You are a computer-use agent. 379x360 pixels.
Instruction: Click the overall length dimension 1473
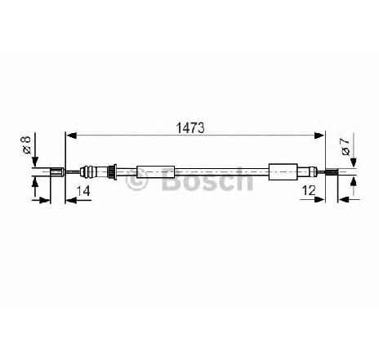point(190,128)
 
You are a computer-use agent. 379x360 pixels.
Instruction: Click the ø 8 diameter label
point(26,144)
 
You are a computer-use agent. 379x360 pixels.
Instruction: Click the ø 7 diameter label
point(346,147)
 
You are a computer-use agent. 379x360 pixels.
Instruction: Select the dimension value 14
point(83,191)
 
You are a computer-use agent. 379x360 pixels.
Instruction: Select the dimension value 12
point(309,190)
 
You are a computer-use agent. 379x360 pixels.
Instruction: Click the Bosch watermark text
point(207,178)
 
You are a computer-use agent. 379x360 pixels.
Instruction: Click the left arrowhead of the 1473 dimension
point(71,136)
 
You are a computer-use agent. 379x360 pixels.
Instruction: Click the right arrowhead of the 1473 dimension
point(319,136)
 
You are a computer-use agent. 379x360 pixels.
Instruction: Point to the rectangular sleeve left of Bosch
point(155,172)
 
